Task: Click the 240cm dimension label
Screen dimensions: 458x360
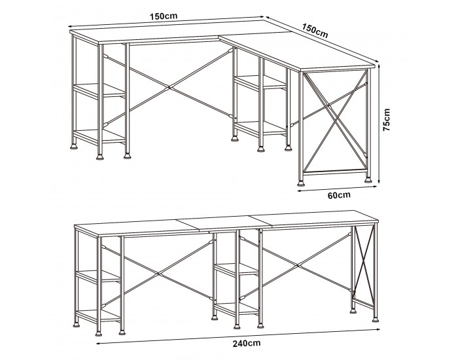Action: (247, 343)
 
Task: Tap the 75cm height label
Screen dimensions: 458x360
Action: (387, 120)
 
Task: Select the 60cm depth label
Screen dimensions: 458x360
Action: (339, 195)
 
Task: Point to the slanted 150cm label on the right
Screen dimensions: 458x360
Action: (315, 31)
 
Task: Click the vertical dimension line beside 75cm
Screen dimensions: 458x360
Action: (379, 124)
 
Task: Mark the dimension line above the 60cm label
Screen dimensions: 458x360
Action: (338, 189)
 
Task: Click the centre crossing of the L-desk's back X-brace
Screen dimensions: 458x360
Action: (169, 87)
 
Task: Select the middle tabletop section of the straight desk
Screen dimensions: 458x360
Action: (225, 223)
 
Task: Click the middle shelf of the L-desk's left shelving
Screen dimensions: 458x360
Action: (99, 90)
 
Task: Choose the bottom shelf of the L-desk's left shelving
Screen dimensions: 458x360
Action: (99, 136)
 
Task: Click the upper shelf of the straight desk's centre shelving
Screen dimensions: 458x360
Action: (237, 269)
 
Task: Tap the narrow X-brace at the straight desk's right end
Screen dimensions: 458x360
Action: (364, 265)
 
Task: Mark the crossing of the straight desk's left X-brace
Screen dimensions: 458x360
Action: (158, 274)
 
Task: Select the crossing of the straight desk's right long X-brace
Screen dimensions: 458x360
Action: (297, 266)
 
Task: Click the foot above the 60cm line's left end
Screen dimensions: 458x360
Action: (300, 183)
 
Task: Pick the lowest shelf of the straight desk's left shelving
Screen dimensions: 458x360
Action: (99, 315)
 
